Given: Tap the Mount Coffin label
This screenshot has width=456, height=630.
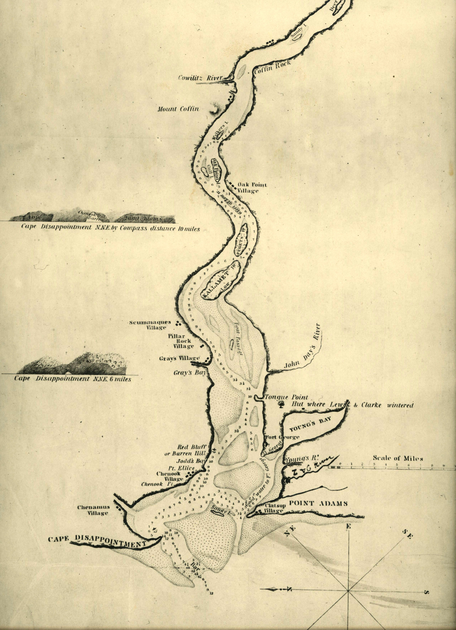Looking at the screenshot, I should [x=178, y=109].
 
